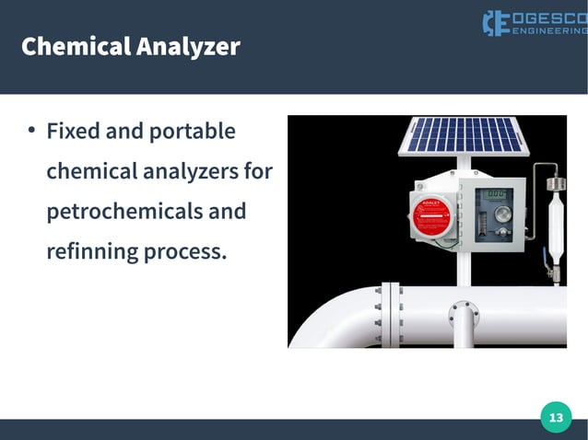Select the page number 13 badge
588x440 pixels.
[555, 419]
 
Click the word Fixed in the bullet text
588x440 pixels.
[74, 131]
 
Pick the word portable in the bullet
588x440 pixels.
[192, 131]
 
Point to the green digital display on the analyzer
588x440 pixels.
[499, 194]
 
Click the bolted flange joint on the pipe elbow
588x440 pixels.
[391, 314]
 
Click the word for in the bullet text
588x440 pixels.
[258, 171]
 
